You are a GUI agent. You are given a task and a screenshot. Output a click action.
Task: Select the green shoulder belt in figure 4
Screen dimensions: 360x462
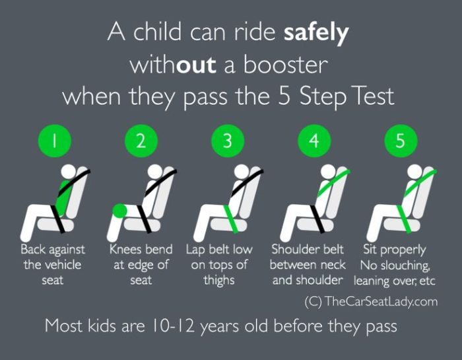click(x=330, y=185)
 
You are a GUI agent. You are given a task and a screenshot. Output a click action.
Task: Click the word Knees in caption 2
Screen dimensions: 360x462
click(x=123, y=250)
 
